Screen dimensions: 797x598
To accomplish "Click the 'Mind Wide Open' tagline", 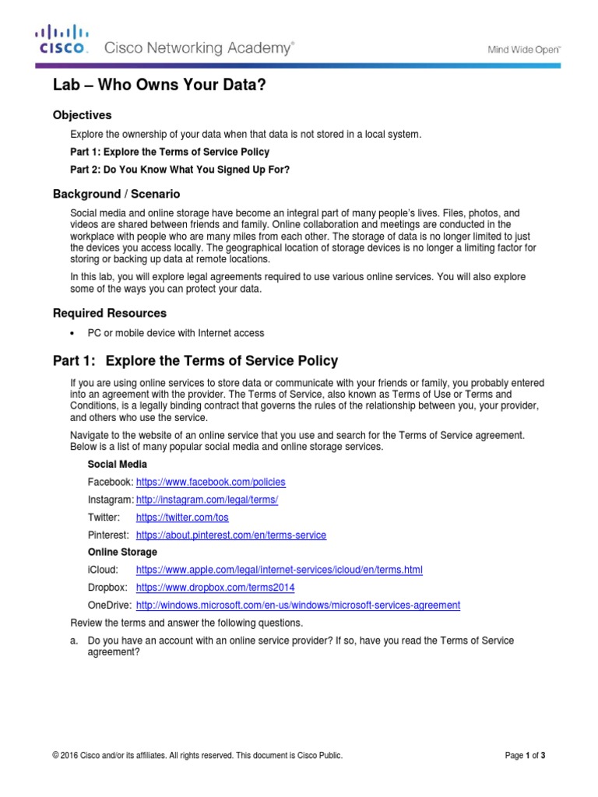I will coord(524,49).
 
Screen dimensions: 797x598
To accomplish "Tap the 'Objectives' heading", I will coord(82,115).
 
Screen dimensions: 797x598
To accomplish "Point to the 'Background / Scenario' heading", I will coord(116,194).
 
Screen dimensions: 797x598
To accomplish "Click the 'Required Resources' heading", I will coord(109,313).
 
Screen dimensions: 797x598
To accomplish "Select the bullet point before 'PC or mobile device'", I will coord(72,334).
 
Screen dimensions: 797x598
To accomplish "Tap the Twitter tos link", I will coord(182,517).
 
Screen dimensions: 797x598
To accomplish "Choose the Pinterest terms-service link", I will coord(230,535).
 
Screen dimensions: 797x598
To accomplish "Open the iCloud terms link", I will coord(279,570).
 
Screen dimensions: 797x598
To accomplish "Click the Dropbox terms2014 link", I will coord(215,588).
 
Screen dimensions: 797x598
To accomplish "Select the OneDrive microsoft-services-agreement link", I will coord(297,605).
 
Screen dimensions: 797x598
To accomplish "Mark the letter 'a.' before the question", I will coord(76,641).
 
